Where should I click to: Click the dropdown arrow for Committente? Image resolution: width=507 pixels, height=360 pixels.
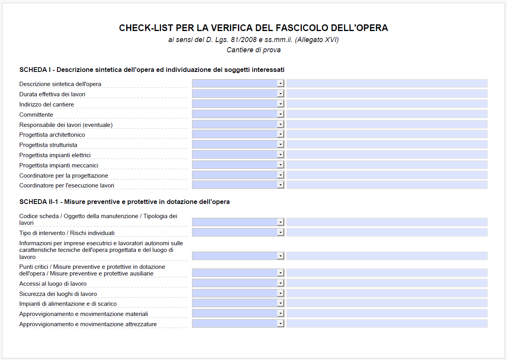click(280, 114)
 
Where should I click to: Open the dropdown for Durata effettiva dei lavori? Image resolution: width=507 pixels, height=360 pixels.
click(280, 94)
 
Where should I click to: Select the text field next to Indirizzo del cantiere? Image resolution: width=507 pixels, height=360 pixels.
click(387, 104)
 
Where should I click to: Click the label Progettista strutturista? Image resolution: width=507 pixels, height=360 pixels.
click(48, 145)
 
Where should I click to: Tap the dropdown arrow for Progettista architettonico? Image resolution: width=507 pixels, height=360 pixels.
click(280, 134)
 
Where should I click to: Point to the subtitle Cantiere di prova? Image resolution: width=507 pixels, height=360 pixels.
click(254, 50)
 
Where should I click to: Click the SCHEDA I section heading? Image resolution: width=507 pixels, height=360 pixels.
click(152, 70)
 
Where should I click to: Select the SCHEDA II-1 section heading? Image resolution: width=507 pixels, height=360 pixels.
click(124, 202)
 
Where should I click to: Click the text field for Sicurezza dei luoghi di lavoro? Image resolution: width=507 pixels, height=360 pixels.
click(387, 293)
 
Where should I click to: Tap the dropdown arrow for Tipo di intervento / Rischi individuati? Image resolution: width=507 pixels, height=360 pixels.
click(280, 232)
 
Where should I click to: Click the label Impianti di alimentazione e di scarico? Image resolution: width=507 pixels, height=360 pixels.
click(68, 304)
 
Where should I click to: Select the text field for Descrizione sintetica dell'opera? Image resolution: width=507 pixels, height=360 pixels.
click(387, 83)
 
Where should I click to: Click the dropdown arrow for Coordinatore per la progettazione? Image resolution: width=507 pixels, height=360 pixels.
click(280, 175)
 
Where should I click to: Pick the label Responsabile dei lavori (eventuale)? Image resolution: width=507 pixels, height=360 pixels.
click(66, 125)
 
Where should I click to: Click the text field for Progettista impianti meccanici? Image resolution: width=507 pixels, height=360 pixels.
click(387, 165)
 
